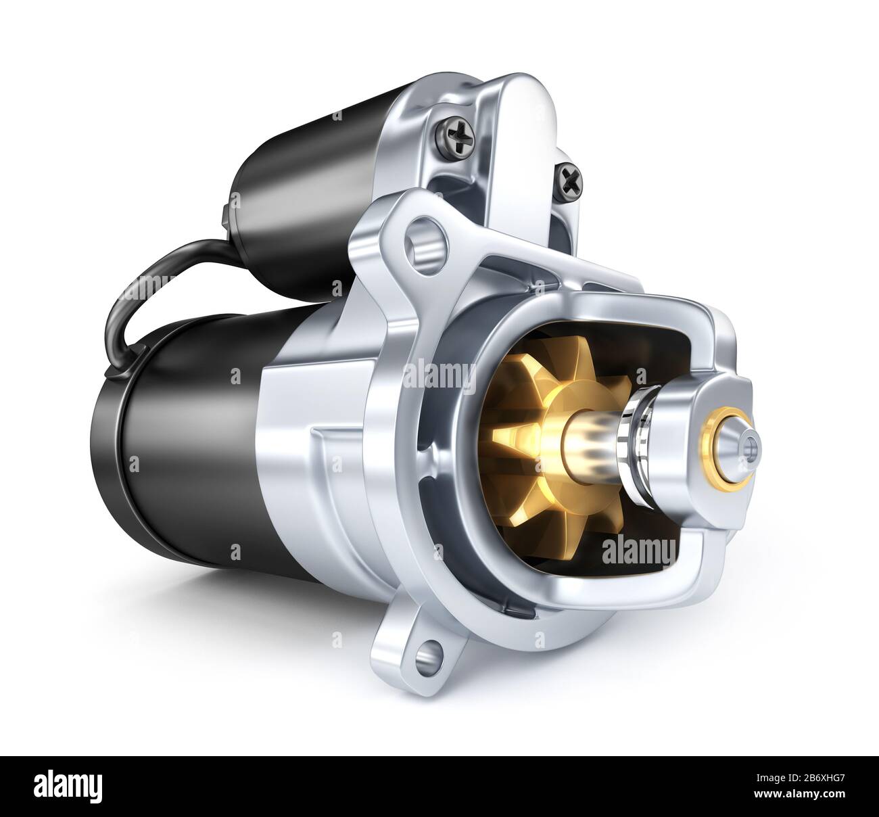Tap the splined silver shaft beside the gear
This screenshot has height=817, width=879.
point(595,443)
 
